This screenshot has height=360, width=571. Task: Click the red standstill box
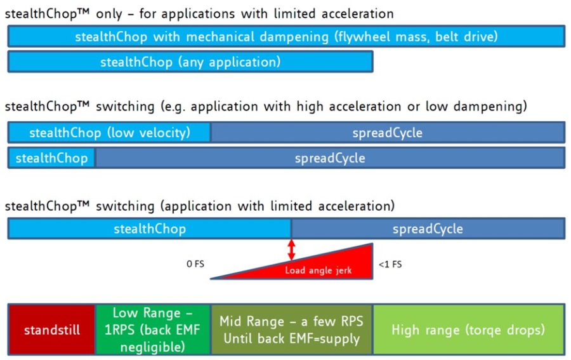(52, 330)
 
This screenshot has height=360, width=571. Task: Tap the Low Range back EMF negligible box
(153, 330)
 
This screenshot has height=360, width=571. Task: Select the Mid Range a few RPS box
(292, 330)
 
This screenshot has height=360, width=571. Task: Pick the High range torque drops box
(469, 330)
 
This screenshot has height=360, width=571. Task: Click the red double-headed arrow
(291, 250)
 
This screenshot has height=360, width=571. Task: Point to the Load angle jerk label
(318, 270)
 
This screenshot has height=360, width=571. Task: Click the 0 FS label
(195, 263)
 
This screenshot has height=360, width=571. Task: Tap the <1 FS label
(390, 264)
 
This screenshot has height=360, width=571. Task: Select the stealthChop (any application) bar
(190, 62)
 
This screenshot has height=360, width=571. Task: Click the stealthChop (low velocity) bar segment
(109, 132)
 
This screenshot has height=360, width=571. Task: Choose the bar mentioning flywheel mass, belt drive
(286, 36)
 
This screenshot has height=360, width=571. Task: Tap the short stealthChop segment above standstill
(51, 158)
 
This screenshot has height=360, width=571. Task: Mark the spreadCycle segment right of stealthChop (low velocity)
(388, 132)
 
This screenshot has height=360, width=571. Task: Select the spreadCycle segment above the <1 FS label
(428, 229)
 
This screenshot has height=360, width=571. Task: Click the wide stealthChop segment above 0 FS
(150, 229)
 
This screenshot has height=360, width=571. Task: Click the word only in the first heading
(109, 14)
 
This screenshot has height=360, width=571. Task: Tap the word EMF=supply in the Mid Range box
(324, 338)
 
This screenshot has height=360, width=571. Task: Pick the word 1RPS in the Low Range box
(120, 330)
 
